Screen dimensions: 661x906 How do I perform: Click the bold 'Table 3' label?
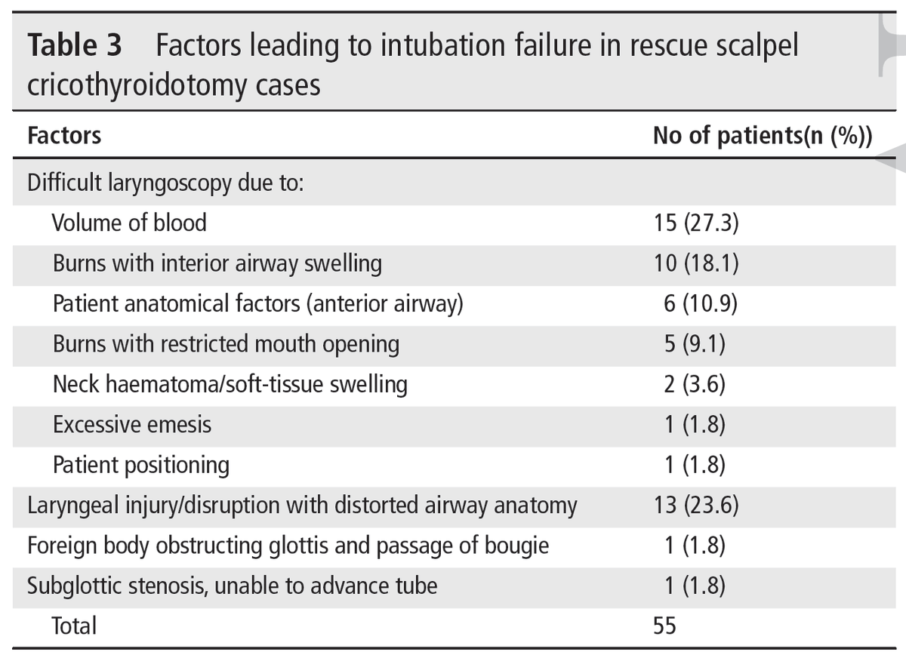click(74, 48)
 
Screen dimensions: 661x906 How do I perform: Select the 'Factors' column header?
click(64, 136)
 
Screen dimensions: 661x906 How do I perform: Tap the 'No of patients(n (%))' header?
click(763, 136)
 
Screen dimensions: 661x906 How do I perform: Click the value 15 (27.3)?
click(695, 223)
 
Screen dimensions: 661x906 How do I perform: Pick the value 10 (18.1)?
click(695, 263)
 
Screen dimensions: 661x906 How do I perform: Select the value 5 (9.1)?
click(695, 344)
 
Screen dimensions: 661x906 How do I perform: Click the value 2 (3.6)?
click(695, 384)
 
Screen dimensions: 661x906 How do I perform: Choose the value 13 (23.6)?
click(695, 505)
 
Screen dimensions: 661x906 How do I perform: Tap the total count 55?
click(665, 626)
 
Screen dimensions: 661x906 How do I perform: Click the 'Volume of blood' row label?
click(129, 223)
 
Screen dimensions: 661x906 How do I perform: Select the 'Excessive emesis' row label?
click(132, 425)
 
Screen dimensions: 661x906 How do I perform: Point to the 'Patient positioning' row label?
click(140, 465)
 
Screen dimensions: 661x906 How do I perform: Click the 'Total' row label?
click(74, 626)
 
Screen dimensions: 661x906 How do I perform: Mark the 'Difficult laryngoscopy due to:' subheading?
click(165, 183)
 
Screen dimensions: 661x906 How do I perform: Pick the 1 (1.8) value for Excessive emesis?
click(695, 425)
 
